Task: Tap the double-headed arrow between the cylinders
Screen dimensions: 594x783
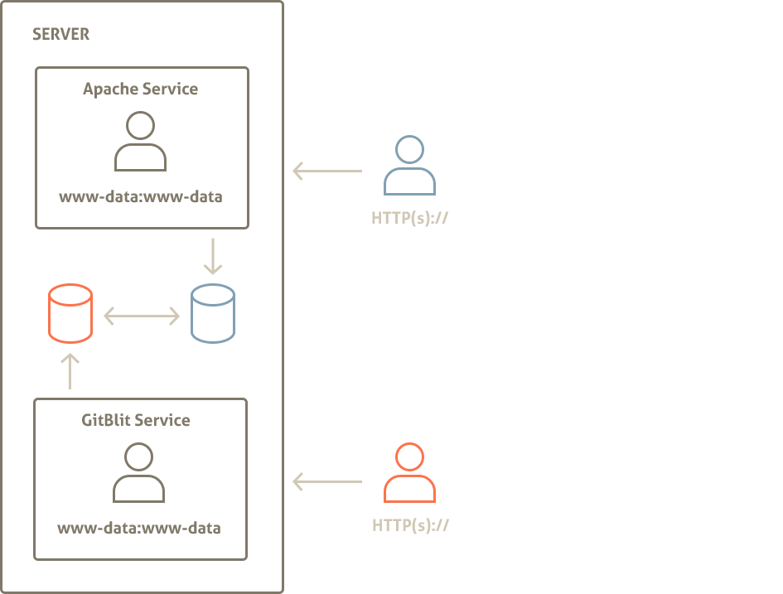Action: (142, 316)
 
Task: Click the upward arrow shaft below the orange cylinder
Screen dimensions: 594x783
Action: (70, 377)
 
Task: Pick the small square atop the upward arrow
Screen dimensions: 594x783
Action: (73, 358)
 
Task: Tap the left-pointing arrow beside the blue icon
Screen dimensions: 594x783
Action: (326, 171)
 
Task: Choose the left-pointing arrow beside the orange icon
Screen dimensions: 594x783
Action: (326, 481)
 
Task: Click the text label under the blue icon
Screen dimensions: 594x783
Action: (410, 219)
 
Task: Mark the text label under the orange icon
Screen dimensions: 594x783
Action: (410, 526)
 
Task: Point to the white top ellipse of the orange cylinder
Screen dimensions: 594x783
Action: (70, 295)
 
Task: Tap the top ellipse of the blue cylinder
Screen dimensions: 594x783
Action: (213, 295)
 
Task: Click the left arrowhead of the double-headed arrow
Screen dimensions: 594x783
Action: (109, 316)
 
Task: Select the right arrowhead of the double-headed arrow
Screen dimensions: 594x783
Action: (175, 316)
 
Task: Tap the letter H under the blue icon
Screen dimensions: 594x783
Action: (377, 219)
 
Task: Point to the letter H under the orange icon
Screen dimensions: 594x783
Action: (377, 526)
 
